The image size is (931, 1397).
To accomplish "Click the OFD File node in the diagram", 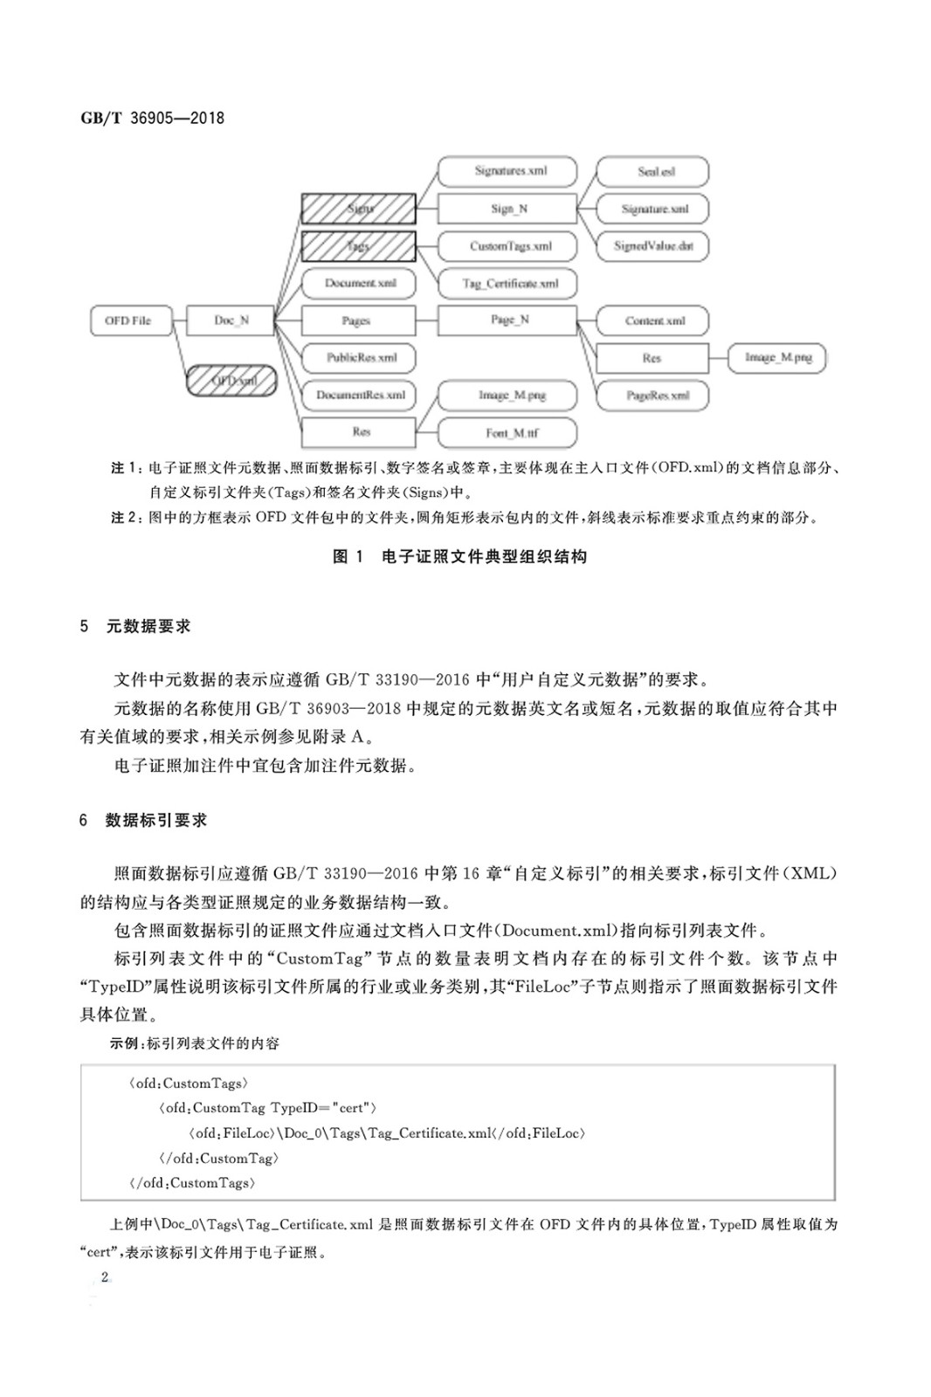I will [128, 320].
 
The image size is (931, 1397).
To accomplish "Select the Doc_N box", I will [231, 320].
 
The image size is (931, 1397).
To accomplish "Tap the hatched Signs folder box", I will [358, 209].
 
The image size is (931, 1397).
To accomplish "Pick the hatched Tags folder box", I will [358, 246].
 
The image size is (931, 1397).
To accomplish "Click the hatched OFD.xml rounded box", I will [232, 381].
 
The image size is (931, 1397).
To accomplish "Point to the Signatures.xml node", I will [507, 171].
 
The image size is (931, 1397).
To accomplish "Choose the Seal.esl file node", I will [652, 171].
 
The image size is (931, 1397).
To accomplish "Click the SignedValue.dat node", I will [652, 246].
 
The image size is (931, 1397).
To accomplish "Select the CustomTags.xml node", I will [507, 246].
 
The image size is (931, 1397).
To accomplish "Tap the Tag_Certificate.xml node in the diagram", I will [507, 284].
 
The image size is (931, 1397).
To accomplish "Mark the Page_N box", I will [507, 320].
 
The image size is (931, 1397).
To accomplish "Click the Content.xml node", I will [652, 320].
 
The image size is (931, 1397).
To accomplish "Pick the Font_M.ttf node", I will [507, 432].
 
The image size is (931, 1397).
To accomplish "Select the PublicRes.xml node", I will [358, 358].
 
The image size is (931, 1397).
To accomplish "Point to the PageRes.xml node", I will [652, 396].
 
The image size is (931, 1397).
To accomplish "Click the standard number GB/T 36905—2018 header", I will [152, 118].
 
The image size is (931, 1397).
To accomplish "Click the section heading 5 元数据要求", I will [135, 626].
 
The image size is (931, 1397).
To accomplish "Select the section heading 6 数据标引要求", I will [144, 820].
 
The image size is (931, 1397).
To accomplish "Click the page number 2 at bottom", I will [105, 1277].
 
